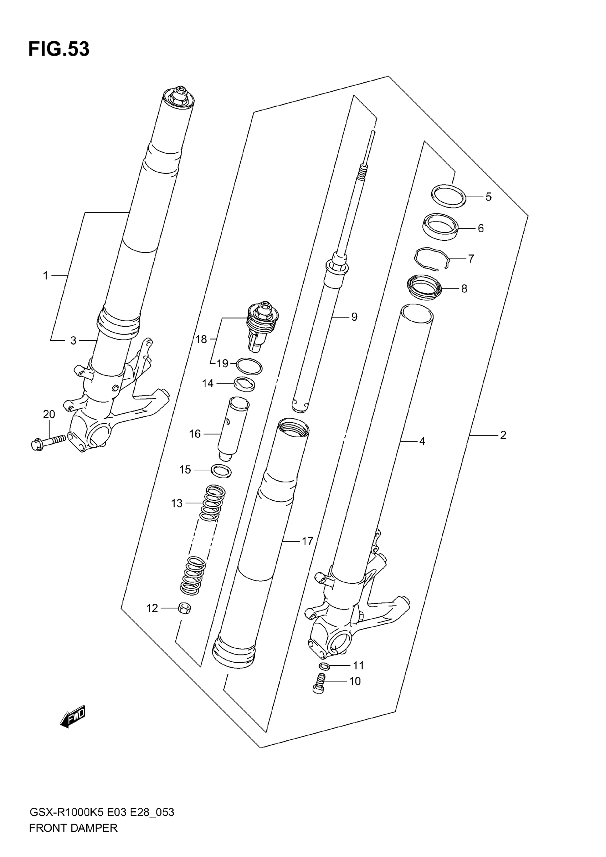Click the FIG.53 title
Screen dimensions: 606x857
tap(59, 49)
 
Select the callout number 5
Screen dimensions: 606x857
tap(488, 197)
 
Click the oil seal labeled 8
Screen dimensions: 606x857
tap(424, 287)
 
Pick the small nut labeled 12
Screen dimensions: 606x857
tap(184, 609)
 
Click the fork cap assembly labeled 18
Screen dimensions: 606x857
tap(262, 326)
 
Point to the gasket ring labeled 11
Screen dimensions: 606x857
tap(324, 665)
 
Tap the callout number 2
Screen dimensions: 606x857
tap(503, 435)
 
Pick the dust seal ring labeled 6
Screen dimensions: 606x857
tap(440, 227)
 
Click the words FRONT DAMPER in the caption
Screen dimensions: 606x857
tap(73, 838)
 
